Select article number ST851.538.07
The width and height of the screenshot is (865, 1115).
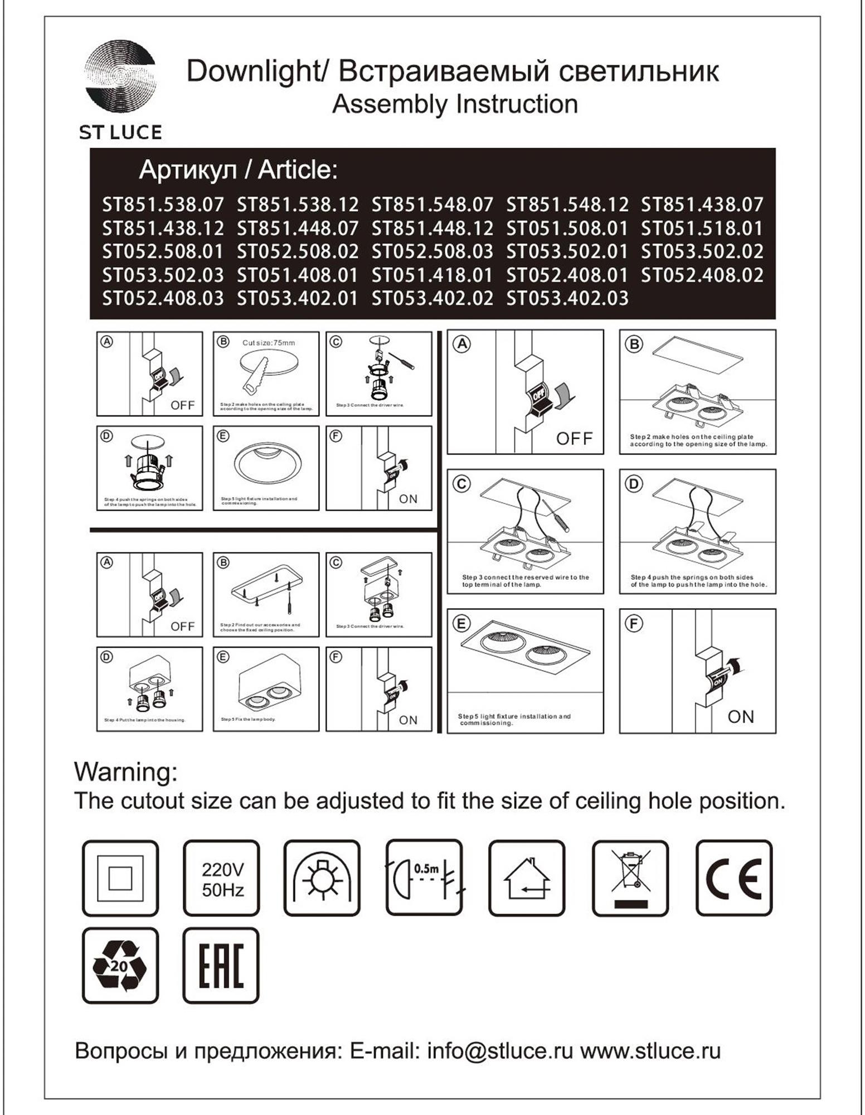coord(163,205)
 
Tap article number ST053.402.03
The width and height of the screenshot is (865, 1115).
coord(567,298)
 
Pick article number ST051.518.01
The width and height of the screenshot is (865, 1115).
coord(702,228)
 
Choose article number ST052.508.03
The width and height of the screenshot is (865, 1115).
coord(432,251)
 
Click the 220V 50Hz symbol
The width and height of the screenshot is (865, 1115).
coord(222,878)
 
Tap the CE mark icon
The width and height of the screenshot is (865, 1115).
coord(733,878)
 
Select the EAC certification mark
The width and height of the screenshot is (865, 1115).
coord(221,966)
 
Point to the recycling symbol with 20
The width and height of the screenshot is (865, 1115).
coord(120,966)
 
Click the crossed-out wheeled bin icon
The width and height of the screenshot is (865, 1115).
coord(630,878)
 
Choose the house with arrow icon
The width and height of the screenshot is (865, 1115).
coord(527,878)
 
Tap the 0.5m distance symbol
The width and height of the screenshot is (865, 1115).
coord(425,878)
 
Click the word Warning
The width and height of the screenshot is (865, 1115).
coord(126,772)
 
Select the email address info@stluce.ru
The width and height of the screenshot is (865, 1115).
coord(500,1051)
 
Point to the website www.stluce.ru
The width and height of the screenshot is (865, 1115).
coord(650,1051)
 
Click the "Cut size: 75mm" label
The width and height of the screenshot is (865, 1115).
coord(269,343)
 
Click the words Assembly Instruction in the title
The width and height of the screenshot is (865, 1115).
coord(455,104)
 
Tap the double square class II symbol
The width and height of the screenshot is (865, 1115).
coord(120,878)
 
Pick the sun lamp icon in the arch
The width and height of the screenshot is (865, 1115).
coord(322,878)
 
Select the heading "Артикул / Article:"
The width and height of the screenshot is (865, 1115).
coord(239,170)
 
